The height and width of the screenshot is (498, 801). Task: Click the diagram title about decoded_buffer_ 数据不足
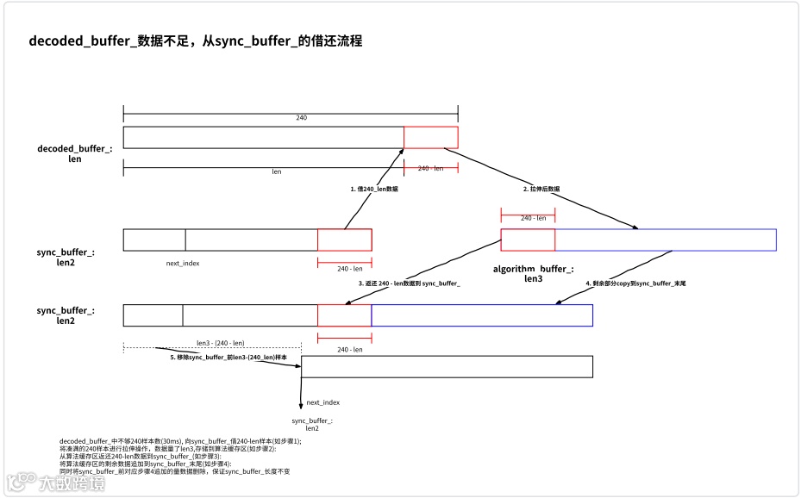[196, 40]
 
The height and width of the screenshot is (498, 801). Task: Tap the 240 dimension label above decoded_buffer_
[301, 117]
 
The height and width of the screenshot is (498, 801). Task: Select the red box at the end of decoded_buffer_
[430, 137]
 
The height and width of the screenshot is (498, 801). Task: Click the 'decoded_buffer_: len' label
[75, 154]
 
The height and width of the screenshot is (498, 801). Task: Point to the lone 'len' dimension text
[276, 171]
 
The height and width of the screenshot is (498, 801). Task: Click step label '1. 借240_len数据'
[373, 188]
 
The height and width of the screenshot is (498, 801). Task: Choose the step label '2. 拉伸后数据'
[541, 188]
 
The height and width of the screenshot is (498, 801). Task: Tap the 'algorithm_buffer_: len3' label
[533, 274]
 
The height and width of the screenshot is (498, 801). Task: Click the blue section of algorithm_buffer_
[665, 240]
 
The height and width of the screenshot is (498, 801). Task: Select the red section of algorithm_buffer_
[528, 240]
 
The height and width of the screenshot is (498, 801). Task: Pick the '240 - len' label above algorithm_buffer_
[529, 218]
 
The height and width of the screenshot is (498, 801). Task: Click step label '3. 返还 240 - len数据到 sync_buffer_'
[409, 283]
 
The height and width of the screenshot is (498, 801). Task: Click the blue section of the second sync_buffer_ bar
[481, 315]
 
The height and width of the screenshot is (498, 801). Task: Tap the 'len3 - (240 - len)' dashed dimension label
[220, 342]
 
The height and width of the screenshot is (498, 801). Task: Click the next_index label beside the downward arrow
[322, 402]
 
